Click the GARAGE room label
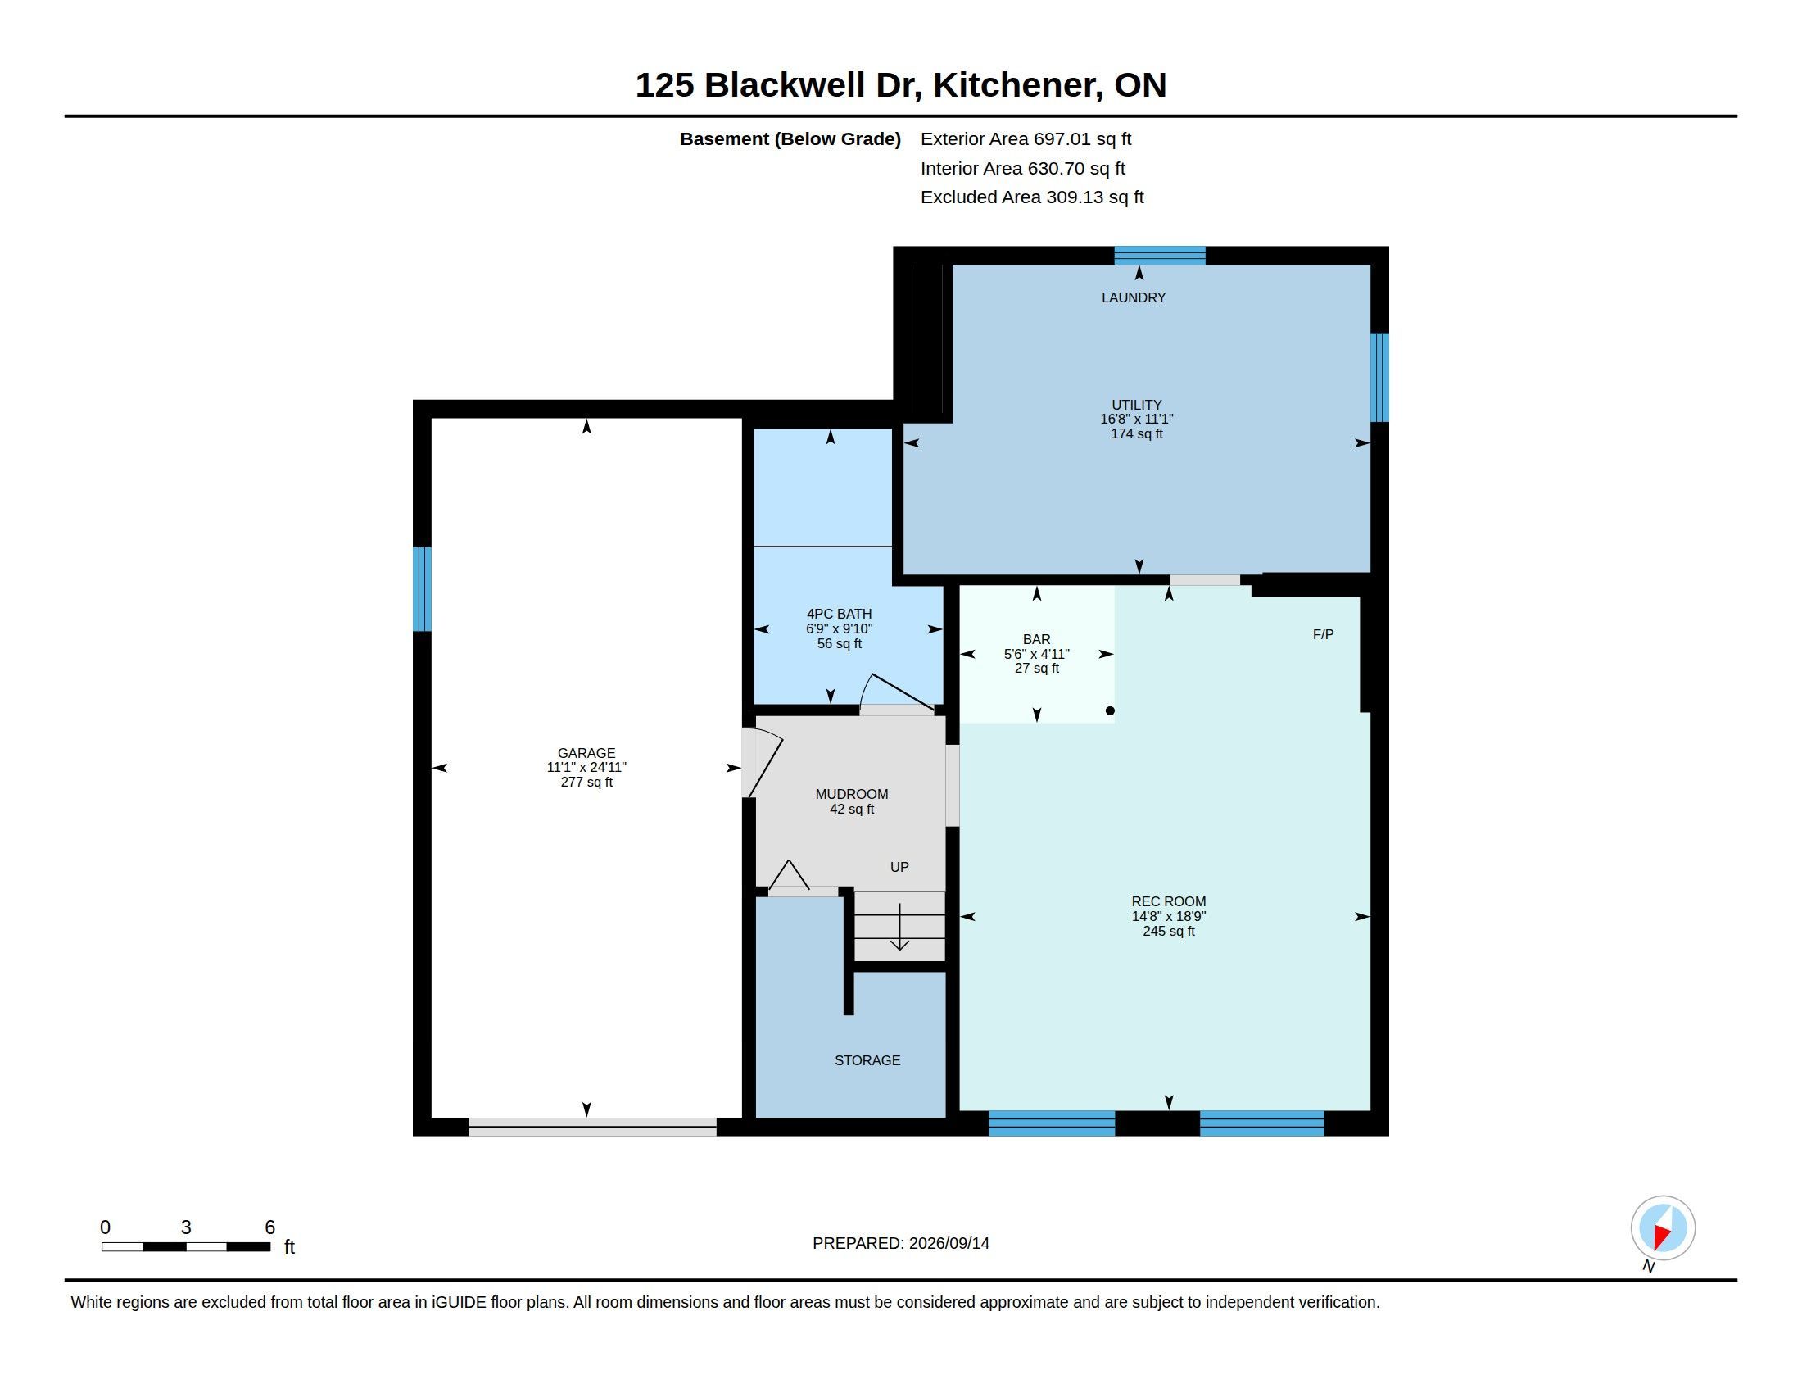586,752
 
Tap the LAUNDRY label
1133,297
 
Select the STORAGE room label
867,1060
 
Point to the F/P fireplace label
1323,633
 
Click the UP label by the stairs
899,866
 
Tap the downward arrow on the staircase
899,927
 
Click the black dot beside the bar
1110,710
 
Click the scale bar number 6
269,1227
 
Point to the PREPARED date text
900,1243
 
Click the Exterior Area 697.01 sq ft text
1026,139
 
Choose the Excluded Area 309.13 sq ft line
1031,197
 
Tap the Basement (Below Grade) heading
790,139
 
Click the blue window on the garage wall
422,589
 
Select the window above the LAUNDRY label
1159,255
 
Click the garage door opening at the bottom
592,1127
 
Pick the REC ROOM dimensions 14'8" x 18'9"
1168,916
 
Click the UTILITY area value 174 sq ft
1136,434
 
